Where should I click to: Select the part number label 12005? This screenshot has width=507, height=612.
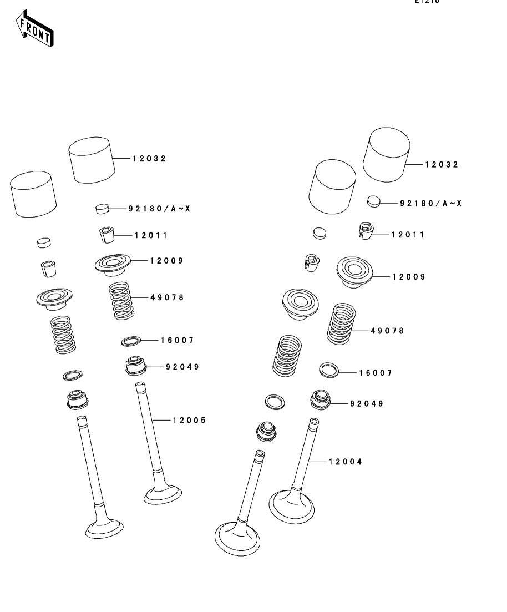click(189, 421)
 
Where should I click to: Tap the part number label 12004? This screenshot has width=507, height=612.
click(345, 462)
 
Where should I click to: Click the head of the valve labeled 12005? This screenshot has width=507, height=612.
click(163, 493)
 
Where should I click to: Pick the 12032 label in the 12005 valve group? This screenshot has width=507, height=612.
click(149, 159)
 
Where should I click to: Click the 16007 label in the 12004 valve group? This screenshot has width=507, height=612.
click(376, 373)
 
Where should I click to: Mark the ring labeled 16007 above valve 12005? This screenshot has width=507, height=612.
click(130, 341)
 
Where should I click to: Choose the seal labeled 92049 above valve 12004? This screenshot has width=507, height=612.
click(320, 400)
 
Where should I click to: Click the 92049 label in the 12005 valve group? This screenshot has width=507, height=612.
click(182, 367)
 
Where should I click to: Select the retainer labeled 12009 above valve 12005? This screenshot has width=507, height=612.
click(115, 264)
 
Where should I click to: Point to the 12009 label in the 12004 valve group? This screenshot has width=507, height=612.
click(409, 277)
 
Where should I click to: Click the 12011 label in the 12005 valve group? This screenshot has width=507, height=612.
click(150, 235)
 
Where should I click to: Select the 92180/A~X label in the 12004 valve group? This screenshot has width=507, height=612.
click(430, 203)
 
